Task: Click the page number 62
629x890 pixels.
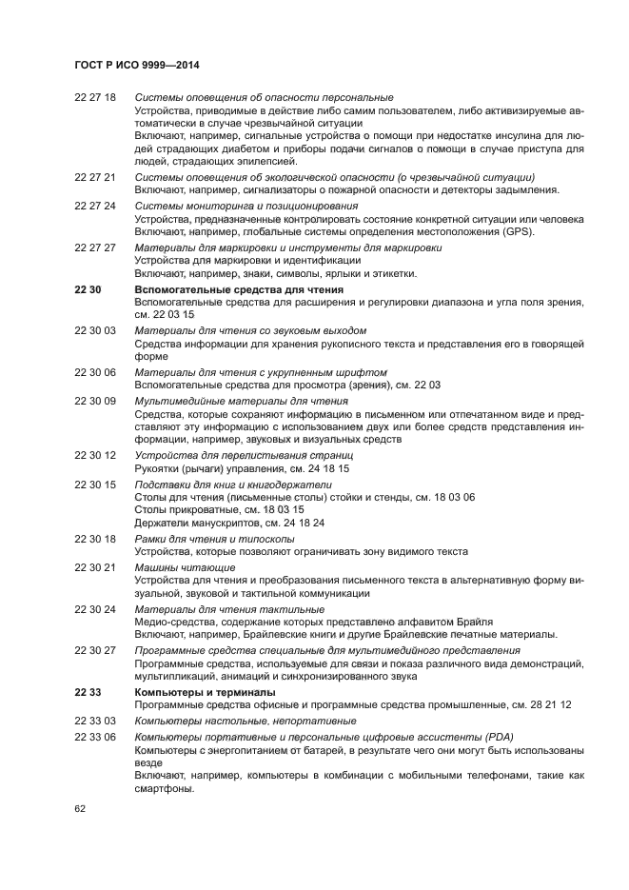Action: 80,808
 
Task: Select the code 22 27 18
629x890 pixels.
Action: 94,98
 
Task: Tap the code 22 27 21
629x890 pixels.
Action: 94,178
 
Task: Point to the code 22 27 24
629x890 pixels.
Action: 94,206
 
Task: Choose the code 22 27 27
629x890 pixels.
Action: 94,247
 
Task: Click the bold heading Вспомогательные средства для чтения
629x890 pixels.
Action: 239,288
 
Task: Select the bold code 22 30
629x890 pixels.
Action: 87,288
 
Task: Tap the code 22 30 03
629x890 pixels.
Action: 94,330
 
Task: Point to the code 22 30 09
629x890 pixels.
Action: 94,401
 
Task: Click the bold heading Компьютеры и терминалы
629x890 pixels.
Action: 206,691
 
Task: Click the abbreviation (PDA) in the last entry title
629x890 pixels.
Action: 501,737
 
